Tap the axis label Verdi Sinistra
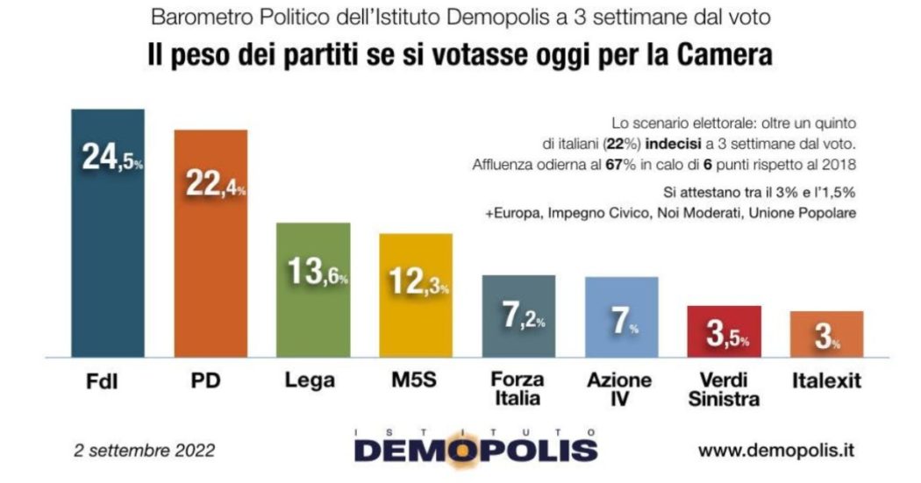[x=724, y=390]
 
